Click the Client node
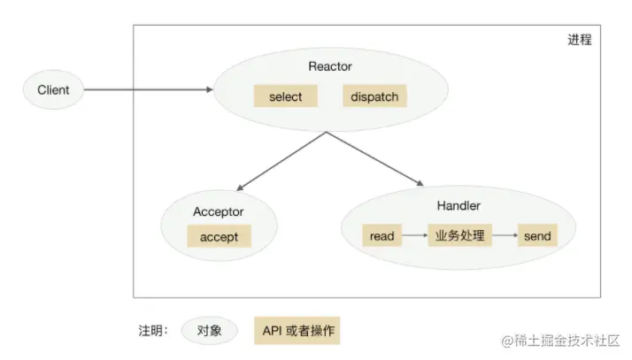53,89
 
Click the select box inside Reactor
284,96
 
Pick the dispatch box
373,96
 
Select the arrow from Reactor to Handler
375,160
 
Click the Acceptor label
218,212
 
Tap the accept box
219,237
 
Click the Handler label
459,206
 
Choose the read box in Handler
382,236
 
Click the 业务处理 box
459,236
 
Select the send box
537,236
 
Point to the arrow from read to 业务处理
414,236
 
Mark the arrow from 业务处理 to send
504,236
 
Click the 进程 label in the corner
580,40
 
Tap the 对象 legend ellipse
210,331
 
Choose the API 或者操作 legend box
296,331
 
